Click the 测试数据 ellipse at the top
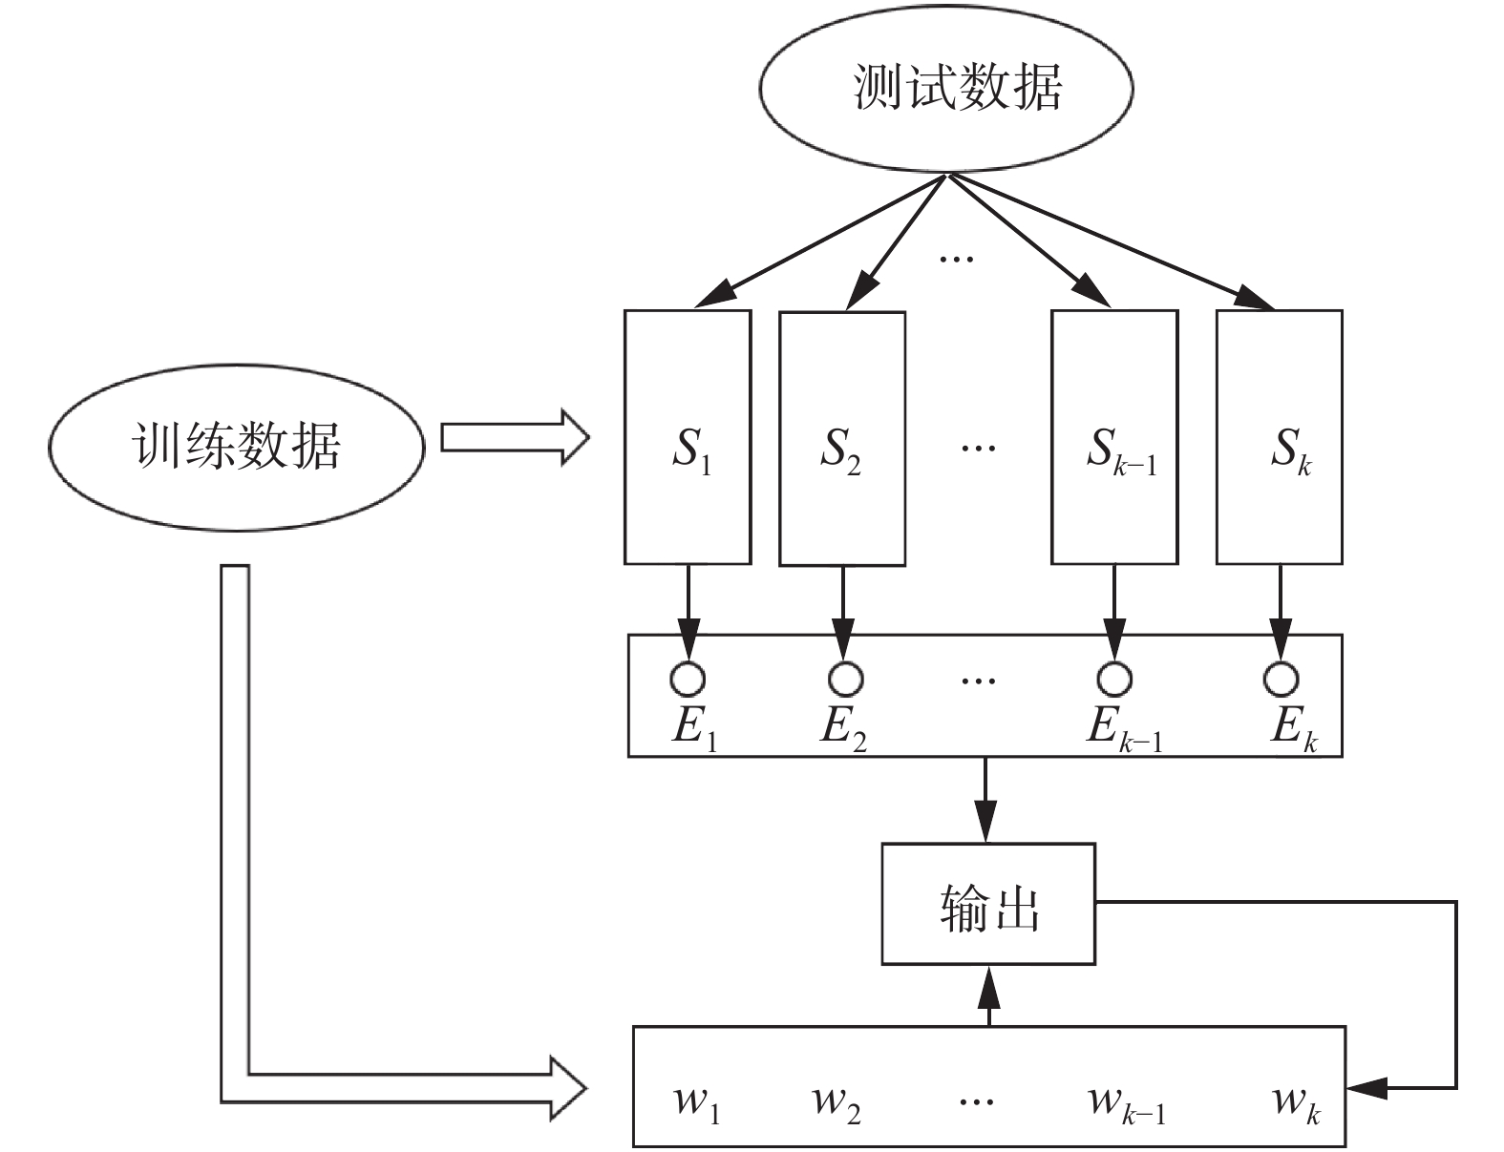945,88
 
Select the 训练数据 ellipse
236,445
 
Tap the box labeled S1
688,437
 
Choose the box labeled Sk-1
1114,437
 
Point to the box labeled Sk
1280,437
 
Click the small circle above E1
688,679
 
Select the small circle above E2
844,679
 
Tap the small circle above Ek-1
1113,679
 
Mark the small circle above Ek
1281,679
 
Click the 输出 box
987,903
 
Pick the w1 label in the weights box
696,1103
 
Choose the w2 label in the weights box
836,1103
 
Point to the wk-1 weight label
1126,1103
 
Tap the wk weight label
1295,1103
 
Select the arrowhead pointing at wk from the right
1367,1086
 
